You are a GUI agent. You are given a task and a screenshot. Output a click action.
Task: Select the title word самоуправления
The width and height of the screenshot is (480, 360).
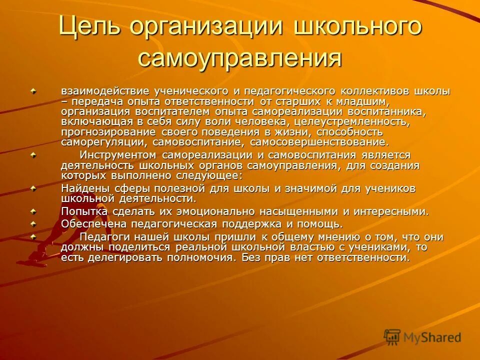(240, 58)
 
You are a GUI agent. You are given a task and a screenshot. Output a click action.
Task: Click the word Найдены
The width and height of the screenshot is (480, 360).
(81, 188)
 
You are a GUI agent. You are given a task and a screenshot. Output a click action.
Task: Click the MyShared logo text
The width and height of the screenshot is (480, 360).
(432, 337)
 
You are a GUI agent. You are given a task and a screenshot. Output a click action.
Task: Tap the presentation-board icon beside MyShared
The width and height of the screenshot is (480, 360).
(392, 336)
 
